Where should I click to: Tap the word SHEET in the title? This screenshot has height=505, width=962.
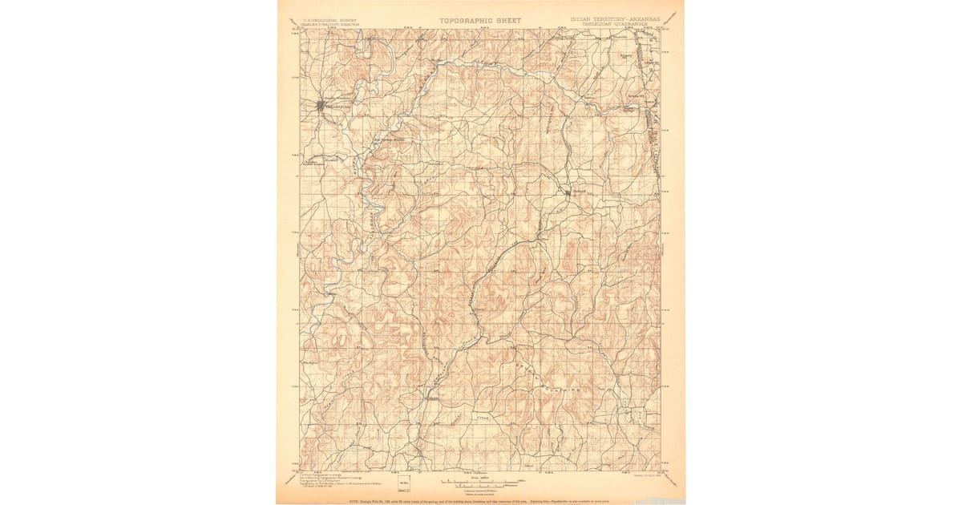point(508,20)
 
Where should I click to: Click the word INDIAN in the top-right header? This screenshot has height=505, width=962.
point(584,18)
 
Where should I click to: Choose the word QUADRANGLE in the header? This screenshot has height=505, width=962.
point(641,24)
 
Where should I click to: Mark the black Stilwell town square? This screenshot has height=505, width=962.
point(568,192)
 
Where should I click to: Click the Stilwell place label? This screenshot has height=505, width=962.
point(579,192)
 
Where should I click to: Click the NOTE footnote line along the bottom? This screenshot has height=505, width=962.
point(481,498)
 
